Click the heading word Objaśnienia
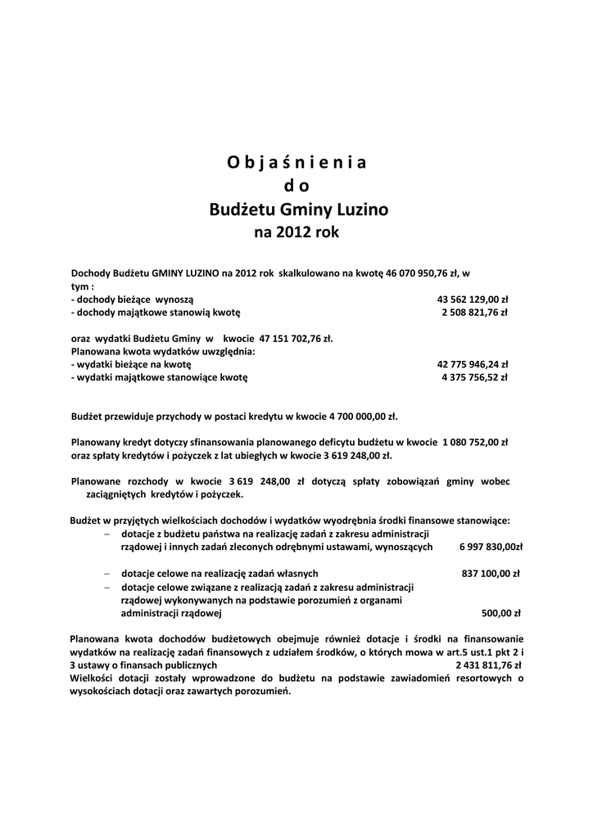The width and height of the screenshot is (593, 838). point(296,161)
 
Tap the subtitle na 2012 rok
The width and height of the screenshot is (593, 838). point(296,232)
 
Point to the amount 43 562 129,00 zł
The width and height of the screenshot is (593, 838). point(473,300)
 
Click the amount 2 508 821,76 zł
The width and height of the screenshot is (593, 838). point(474,312)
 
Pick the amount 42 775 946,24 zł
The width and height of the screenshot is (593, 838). point(473,365)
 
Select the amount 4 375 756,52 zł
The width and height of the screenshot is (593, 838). point(474,377)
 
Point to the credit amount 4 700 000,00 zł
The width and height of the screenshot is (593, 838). point(355,416)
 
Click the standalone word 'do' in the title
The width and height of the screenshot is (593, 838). point(296,186)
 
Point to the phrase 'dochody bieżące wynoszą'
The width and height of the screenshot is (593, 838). point(133,300)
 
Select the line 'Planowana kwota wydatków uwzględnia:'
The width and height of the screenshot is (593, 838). point(163,351)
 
